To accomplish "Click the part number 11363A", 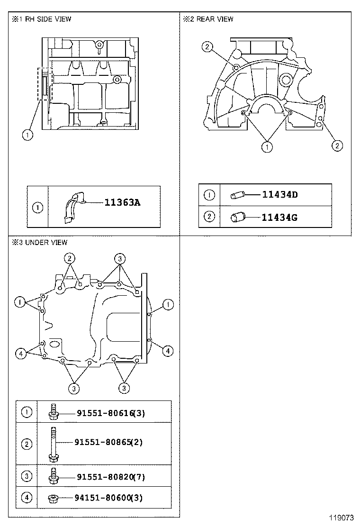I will tap(122, 203).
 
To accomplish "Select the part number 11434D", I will tap(279, 194).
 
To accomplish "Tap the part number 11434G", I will tap(279, 218).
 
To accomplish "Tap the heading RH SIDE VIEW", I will tap(46, 19).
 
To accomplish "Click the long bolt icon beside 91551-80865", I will tap(53, 444).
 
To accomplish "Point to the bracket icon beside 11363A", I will tap(73, 207).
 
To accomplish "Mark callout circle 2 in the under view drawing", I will tap(70, 258).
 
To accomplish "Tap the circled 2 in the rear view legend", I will tap(209, 217).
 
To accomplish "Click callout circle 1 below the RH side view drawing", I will tap(27, 135).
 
